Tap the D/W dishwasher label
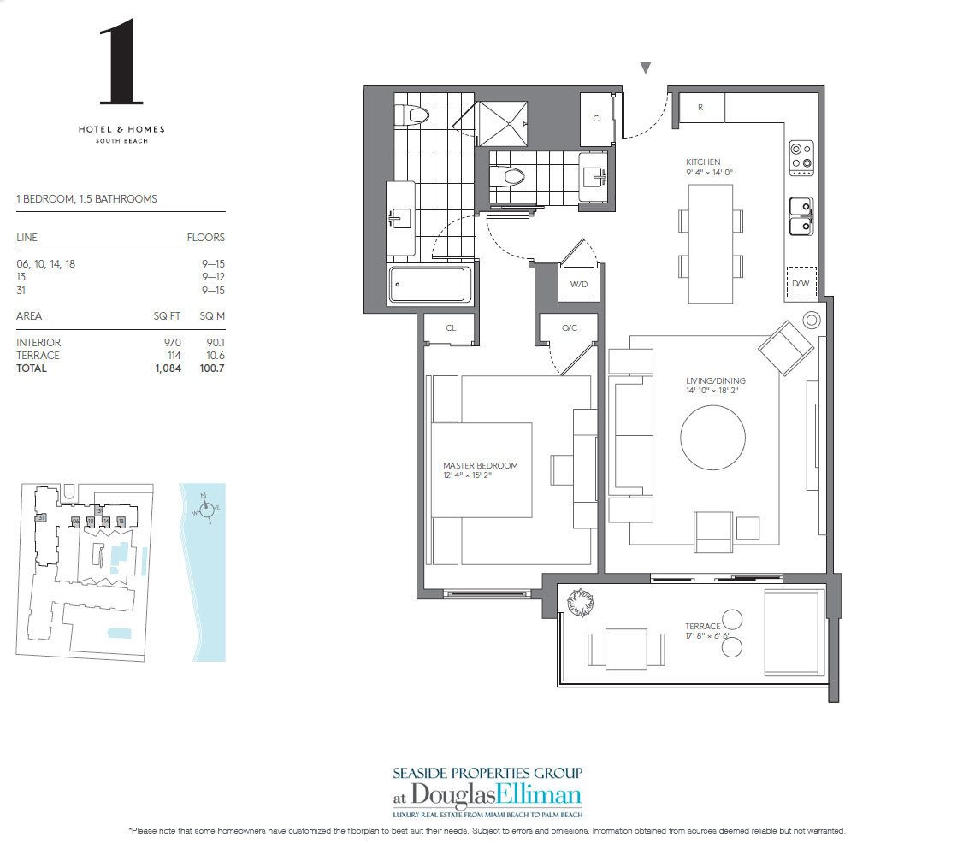pos(801,284)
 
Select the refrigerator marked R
pos(700,108)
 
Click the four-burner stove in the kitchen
pos(801,156)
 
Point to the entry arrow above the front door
pos(646,68)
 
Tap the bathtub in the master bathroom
pos(430,285)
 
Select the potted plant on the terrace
pos(580,603)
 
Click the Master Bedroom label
pos(480,466)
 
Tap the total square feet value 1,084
pos(168,368)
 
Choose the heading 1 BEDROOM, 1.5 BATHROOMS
pos(86,199)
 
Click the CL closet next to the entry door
pos(598,119)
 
